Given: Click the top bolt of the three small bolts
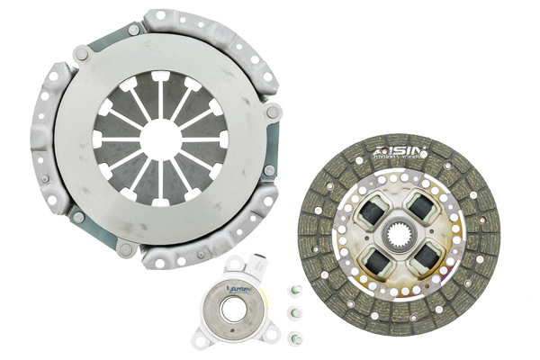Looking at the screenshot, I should (x=293, y=290).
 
